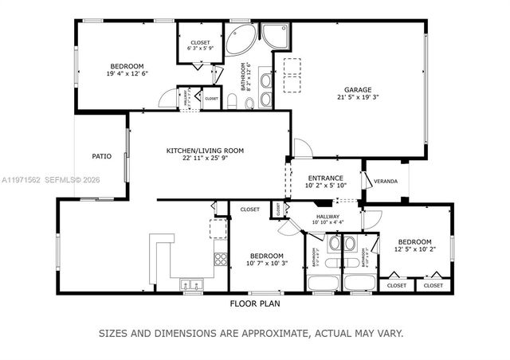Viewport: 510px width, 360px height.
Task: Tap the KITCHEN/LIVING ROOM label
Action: pyautogui.click(x=205, y=151)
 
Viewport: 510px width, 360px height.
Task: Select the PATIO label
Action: pyautogui.click(x=101, y=156)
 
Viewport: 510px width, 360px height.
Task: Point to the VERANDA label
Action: pyautogui.click(x=386, y=179)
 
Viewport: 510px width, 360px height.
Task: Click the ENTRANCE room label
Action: pyautogui.click(x=324, y=178)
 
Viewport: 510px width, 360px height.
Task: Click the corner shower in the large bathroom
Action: pyautogui.click(x=276, y=34)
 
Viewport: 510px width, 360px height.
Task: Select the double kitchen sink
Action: pyautogui.click(x=191, y=283)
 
